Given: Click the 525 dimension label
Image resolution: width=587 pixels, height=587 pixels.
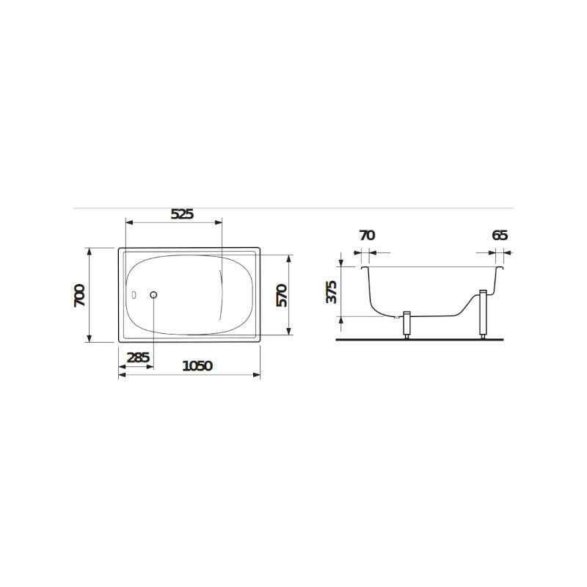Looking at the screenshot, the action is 182,214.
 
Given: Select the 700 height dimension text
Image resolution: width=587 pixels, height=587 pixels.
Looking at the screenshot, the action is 79,296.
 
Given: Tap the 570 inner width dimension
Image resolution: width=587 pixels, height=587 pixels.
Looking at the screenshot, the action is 282,296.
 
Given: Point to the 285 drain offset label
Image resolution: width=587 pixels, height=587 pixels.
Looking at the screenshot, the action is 138,358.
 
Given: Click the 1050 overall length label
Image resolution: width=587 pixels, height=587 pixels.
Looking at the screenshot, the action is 197,365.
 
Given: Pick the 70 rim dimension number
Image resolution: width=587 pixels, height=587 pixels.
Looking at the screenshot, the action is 367,236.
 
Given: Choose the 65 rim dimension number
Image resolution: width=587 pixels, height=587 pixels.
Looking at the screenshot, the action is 500,236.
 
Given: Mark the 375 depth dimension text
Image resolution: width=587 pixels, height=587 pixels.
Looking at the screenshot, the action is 332,292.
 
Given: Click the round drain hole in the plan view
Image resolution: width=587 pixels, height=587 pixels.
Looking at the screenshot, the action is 153,295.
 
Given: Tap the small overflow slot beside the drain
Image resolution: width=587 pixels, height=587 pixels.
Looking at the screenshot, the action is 134,295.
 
